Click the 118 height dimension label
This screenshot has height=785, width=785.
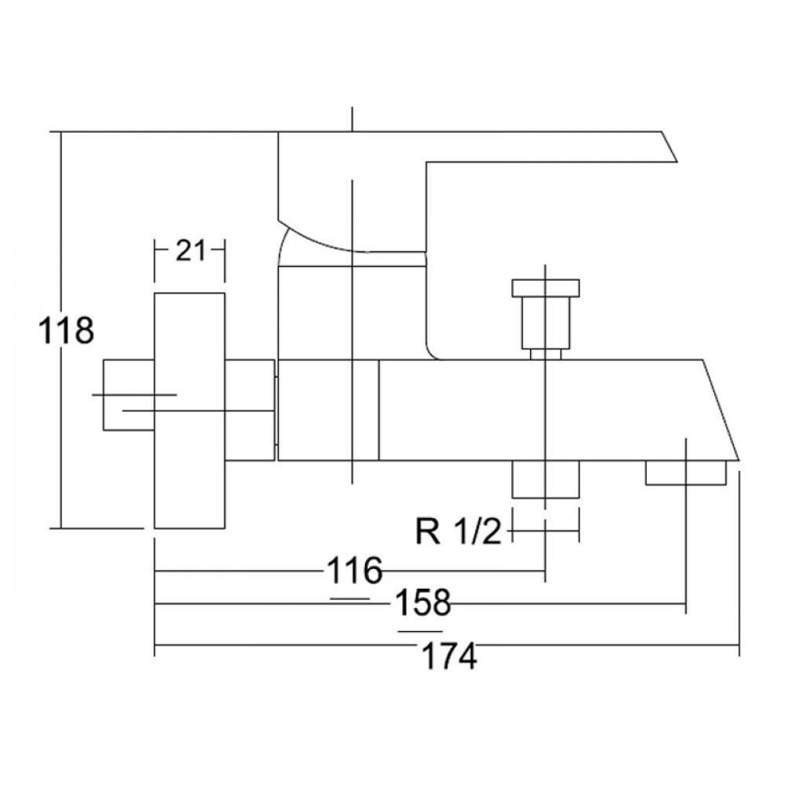coord(66,330)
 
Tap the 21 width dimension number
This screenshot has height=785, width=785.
coord(190,250)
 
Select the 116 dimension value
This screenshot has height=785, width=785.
coord(355,570)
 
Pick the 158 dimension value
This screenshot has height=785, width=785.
coord(423,602)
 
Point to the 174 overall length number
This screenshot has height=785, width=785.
coord(449,656)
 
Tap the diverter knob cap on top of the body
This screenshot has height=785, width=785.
coord(546,287)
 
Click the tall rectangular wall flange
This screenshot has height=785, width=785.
coord(189,411)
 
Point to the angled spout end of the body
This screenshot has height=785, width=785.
coord(721,410)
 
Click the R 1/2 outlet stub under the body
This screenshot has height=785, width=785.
coord(546,479)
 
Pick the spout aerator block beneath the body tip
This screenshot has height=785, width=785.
coord(685,473)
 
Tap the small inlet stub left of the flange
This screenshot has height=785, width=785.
coord(129,395)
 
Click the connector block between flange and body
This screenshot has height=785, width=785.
coord(250,410)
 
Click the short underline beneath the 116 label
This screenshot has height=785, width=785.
coord(350,598)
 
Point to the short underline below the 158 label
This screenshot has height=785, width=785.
coord(421,631)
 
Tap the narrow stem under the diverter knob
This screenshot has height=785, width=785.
coord(546,354)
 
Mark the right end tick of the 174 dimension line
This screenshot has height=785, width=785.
coord(739,645)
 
